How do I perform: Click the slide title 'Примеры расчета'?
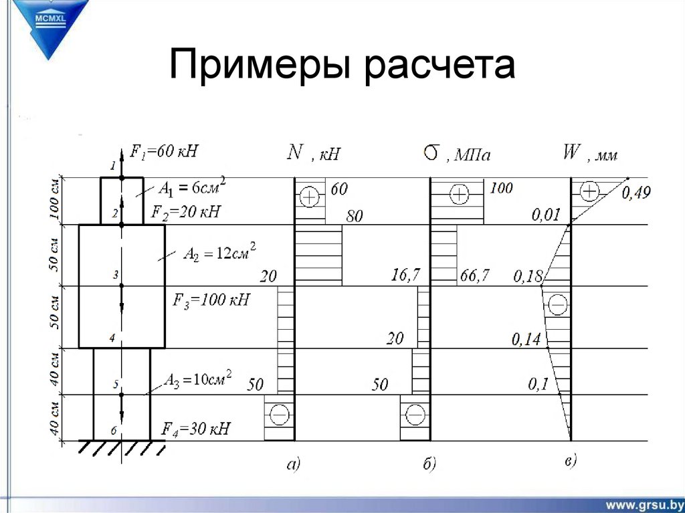[x=342, y=67]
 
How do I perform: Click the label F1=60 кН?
[x=165, y=152]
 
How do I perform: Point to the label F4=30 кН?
[x=196, y=429]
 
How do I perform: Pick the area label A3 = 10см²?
[x=199, y=379]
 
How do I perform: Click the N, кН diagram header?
[x=314, y=153]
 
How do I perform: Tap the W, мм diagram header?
[x=589, y=154]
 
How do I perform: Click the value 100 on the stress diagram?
[x=501, y=189]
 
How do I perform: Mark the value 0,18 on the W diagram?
[x=526, y=276]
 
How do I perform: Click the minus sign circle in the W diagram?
[x=558, y=306]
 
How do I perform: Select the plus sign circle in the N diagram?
[x=309, y=197]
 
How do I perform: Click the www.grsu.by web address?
[x=645, y=503]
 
